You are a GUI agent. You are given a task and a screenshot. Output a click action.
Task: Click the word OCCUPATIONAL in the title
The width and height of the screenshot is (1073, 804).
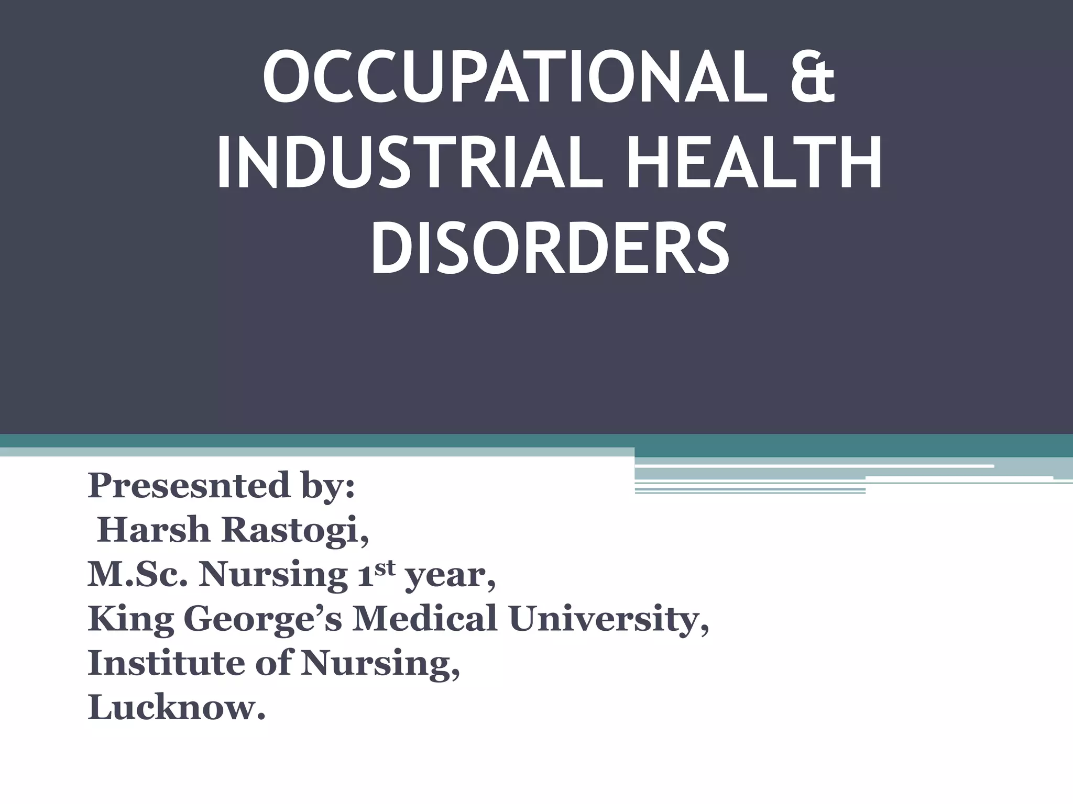pos(495,79)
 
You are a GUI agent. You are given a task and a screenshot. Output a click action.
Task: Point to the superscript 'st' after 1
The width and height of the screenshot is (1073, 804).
pos(385,568)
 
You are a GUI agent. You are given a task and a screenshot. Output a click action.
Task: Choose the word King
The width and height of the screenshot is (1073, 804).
pos(131,620)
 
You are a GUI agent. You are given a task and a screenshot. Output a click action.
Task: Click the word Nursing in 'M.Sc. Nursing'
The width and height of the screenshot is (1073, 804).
pos(272,576)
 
